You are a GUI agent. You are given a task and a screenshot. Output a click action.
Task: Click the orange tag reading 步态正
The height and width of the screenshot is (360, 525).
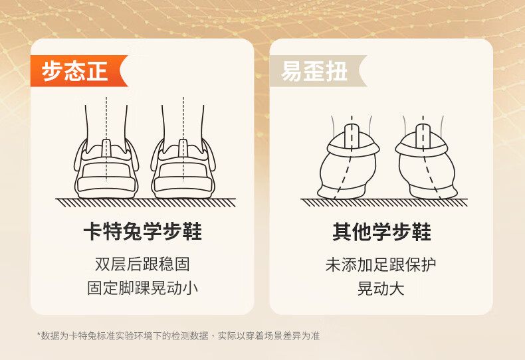coord(78,71)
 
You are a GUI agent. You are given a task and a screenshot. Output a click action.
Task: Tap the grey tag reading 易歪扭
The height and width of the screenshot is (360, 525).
coord(318,71)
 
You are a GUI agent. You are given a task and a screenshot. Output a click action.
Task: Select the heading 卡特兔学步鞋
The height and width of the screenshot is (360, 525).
coord(143,231)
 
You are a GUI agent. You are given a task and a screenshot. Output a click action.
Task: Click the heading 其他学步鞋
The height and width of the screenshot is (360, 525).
coord(381,232)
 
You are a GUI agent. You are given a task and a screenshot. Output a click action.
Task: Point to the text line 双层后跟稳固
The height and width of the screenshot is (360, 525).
coord(142,264)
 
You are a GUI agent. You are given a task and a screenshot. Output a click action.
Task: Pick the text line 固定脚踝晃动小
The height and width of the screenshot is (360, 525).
coord(142,288)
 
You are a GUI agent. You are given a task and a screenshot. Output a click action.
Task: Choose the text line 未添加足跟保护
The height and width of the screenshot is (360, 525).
coord(381,264)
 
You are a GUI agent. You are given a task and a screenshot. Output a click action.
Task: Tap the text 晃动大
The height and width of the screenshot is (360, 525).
coord(381,288)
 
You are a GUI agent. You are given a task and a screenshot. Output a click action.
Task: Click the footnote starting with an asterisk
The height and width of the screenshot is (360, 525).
coord(178,335)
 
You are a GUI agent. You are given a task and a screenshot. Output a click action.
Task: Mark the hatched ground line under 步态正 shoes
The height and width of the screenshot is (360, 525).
coord(146,203)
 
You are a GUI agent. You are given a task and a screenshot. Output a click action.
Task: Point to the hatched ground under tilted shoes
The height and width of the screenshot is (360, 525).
coord(384,203)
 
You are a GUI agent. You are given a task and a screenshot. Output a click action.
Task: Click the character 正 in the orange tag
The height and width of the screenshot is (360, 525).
coord(97,71)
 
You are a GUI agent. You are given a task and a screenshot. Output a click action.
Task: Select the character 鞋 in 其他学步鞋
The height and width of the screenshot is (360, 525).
coord(421,232)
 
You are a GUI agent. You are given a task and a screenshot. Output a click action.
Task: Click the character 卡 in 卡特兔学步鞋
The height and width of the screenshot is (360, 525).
coord(93,231)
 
